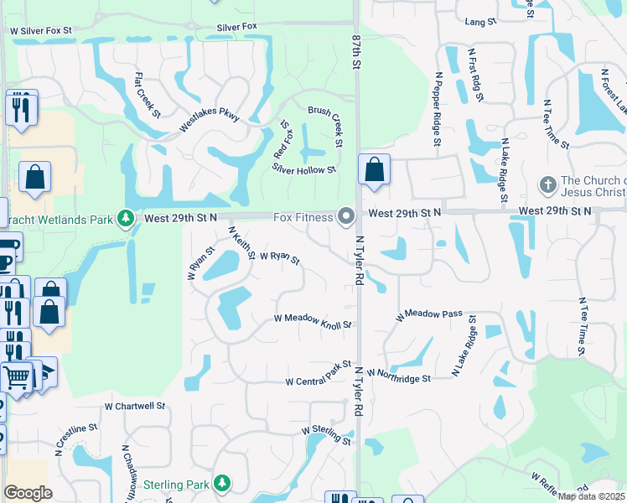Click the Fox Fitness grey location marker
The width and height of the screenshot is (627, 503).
pos(346,217)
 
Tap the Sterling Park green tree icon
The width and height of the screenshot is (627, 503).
pos(222,484)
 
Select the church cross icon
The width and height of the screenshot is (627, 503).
pos(547,184)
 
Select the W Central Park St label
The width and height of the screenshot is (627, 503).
pos(318,375)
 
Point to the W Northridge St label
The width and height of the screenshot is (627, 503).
pos(398,376)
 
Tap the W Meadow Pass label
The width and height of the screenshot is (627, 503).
pos(429,314)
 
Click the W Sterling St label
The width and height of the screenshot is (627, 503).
pos(326,435)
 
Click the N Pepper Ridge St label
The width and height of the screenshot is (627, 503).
pos(437,108)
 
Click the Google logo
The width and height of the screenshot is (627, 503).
pos(28,493)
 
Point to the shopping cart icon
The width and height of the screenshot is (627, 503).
pos(17,377)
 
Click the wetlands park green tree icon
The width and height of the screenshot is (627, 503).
pos(126,219)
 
